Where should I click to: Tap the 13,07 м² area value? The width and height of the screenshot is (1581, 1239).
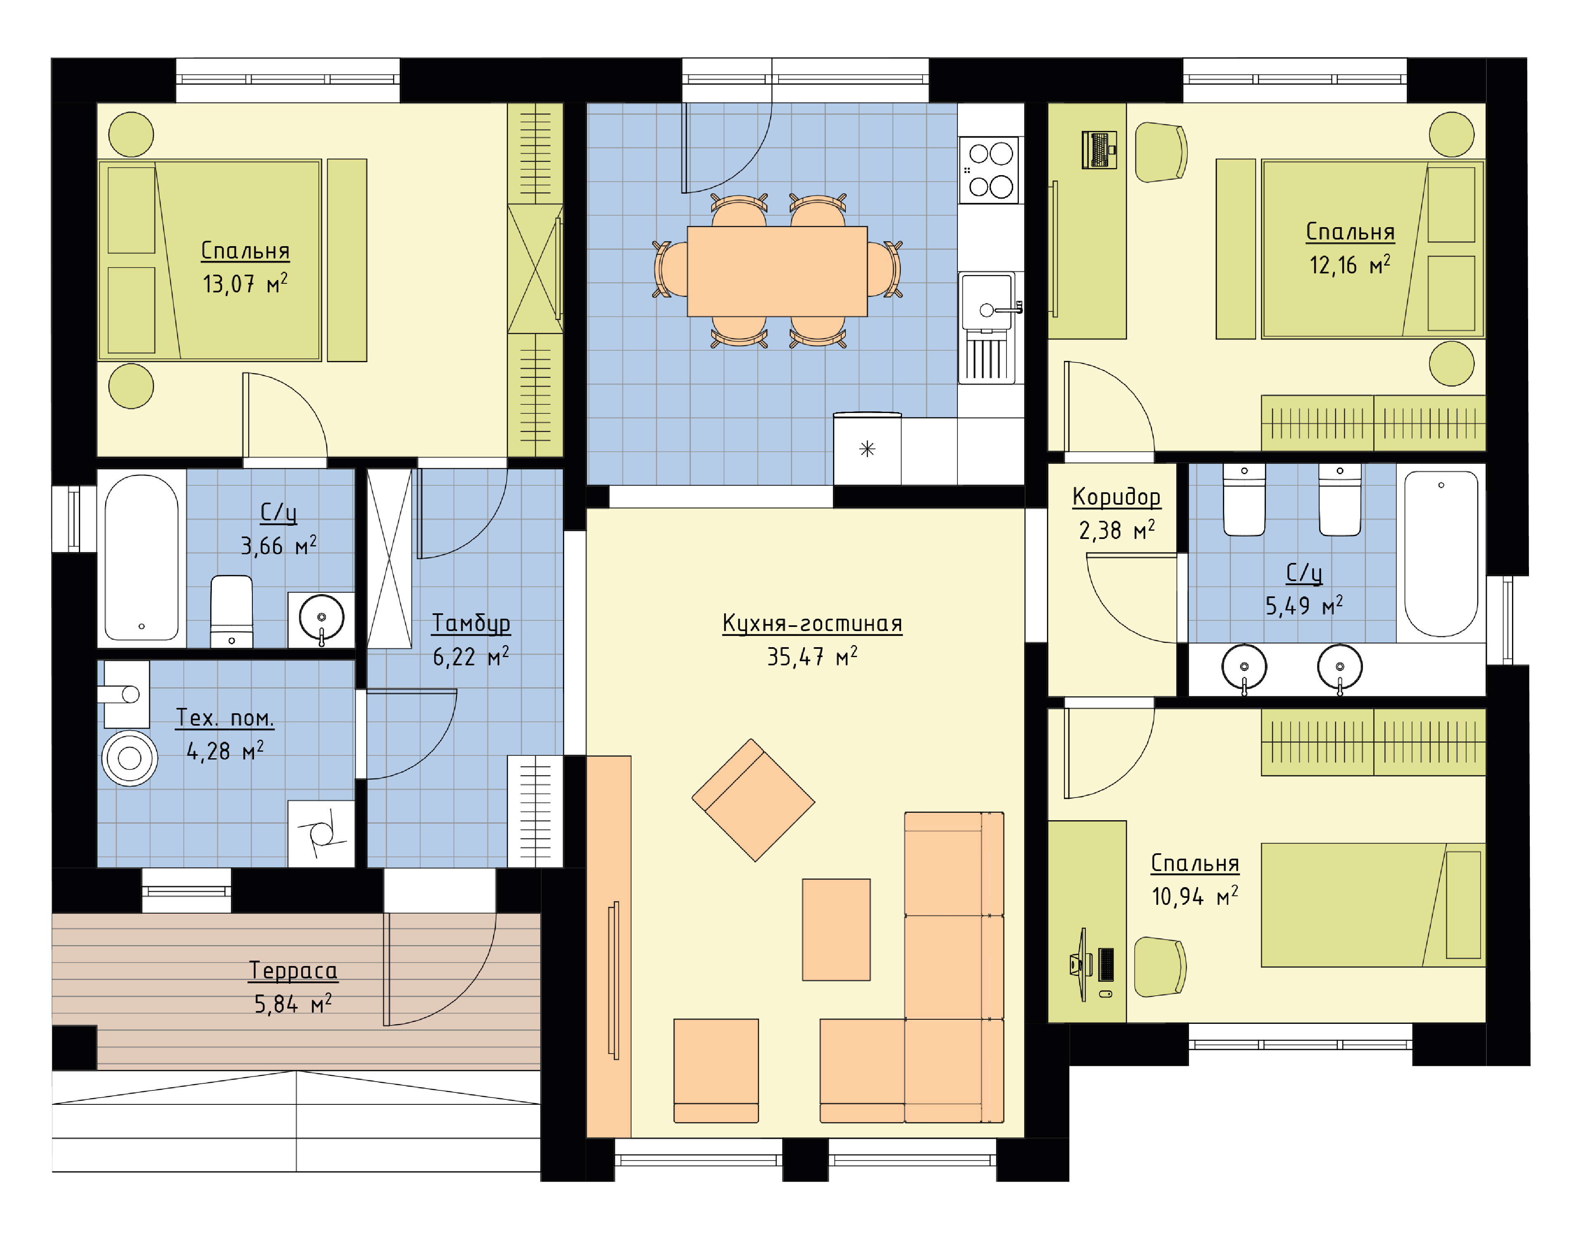[245, 284]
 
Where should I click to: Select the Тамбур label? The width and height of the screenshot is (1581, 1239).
[471, 623]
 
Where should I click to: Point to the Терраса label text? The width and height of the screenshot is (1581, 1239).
[293, 971]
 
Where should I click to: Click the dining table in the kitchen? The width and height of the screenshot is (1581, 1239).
[777, 271]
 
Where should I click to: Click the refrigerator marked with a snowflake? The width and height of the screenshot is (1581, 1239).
[867, 449]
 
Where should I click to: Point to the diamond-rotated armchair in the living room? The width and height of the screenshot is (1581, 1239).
[753, 800]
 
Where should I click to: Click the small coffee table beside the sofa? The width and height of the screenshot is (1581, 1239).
[836, 930]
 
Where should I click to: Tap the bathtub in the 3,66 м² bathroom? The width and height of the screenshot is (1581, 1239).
[141, 557]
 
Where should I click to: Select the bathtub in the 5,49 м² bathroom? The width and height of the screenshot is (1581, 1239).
[1441, 553]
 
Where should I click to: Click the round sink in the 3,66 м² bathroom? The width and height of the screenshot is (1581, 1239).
[321, 617]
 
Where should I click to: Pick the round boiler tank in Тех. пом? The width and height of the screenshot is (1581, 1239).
[129, 758]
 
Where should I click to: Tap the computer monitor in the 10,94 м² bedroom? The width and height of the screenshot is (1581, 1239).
[1083, 964]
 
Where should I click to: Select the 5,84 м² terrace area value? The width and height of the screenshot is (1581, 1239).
[293, 1004]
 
